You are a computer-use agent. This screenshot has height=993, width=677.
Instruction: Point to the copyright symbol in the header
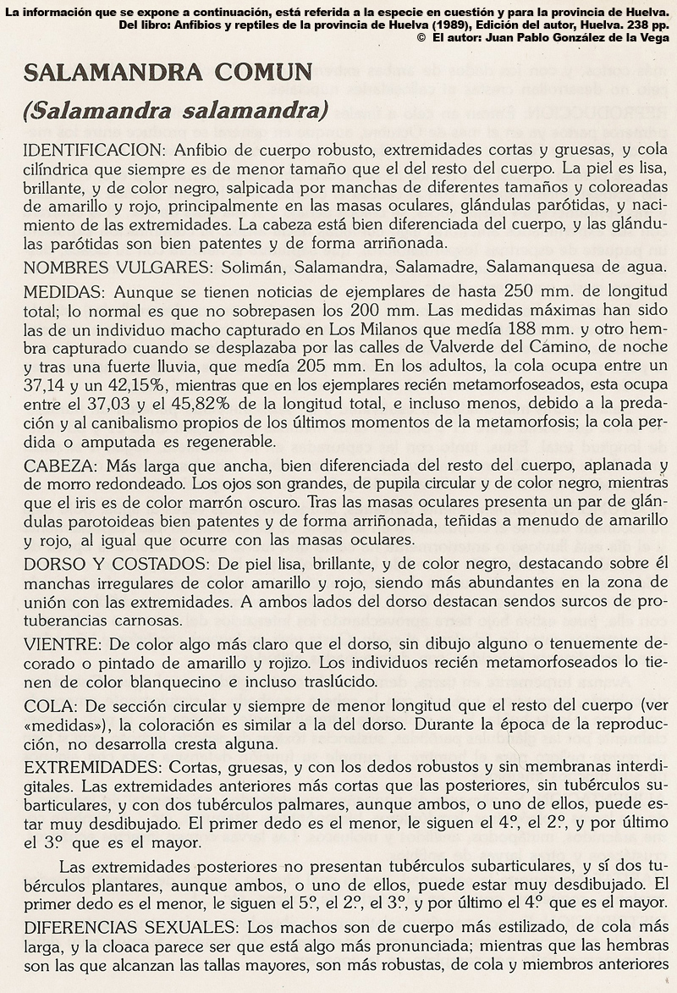pyautogui.click(x=421, y=39)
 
